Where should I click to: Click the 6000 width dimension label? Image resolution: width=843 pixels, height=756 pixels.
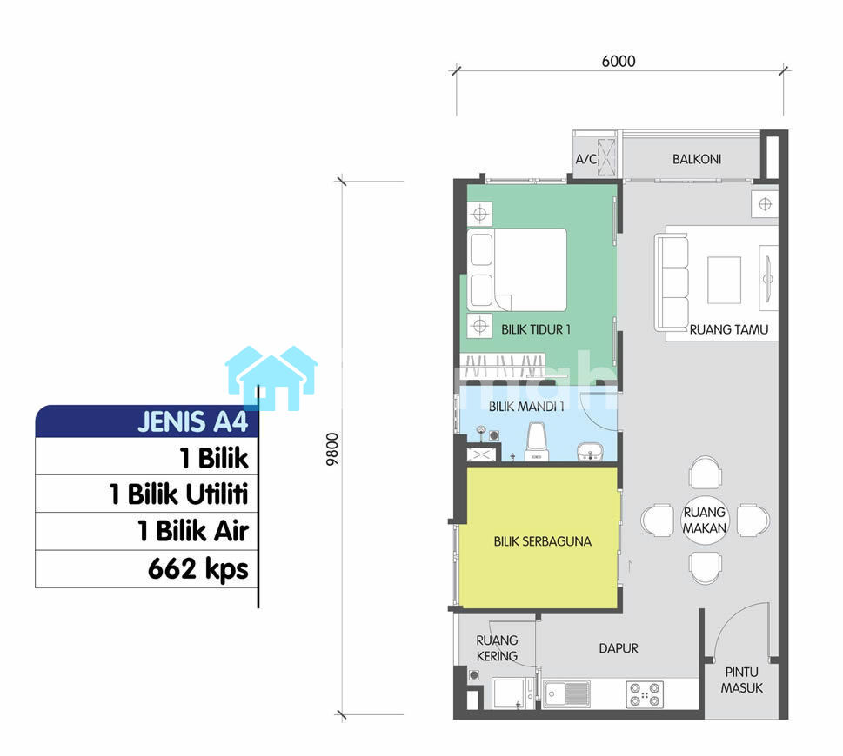point(619,61)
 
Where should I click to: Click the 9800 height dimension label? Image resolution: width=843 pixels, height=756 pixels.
point(333,449)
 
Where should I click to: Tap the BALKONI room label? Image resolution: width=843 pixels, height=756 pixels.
point(697,159)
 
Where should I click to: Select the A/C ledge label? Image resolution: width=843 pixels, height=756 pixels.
point(586,159)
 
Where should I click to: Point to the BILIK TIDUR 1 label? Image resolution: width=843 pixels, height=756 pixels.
point(536,329)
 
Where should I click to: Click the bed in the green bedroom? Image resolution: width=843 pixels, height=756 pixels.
point(517,270)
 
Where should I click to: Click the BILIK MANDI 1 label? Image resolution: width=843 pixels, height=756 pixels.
point(526,407)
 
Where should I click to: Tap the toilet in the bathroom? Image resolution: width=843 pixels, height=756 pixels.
point(537,442)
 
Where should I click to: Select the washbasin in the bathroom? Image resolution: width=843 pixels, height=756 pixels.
point(591,452)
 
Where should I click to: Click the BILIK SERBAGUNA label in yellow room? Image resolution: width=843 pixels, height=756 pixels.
point(543,541)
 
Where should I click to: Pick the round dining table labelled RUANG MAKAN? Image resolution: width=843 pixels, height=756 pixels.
point(705,520)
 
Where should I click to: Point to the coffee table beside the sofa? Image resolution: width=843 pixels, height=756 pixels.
point(724,281)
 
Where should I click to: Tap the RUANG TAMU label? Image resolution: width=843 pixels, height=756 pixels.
point(729,329)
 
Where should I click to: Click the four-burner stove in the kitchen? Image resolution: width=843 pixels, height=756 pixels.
point(645,693)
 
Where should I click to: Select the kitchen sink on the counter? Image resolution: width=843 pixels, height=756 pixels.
point(566,693)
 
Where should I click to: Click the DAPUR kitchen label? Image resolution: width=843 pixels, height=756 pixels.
point(619,648)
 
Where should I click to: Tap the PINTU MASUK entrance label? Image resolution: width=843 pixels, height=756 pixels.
point(742,680)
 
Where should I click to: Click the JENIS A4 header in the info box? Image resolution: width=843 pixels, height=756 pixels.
point(192,421)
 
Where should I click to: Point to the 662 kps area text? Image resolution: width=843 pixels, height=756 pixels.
point(197,568)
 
